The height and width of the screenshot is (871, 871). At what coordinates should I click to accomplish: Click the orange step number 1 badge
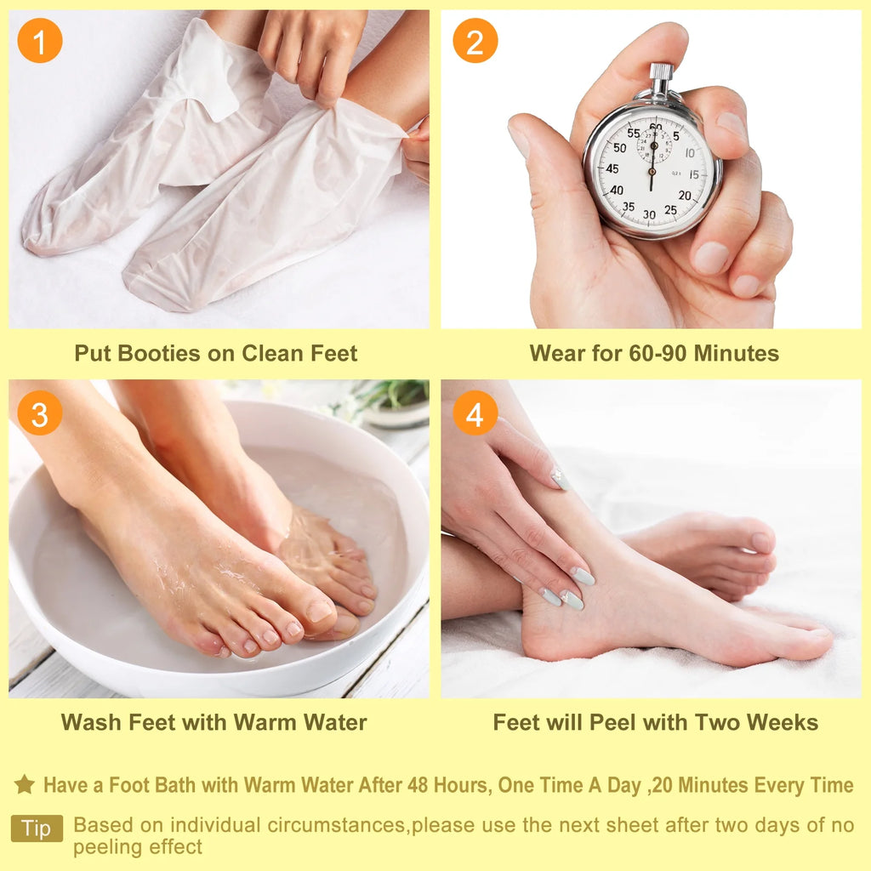39,40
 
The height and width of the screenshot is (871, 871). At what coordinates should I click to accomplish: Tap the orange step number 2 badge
475,40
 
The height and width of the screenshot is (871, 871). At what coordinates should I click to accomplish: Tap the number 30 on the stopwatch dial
650,214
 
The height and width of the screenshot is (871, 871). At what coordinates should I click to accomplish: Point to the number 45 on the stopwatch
612,168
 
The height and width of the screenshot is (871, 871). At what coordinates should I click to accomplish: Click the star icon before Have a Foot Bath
25,784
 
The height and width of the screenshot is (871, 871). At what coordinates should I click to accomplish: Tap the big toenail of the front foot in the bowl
320,611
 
